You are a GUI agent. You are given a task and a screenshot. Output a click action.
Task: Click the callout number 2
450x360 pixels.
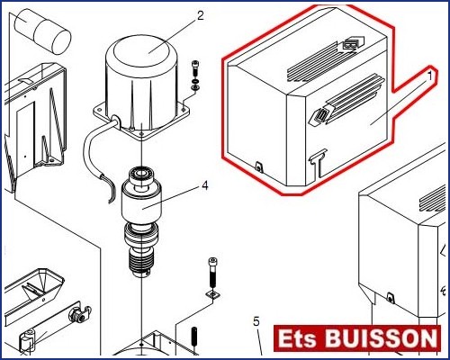tap(201, 15)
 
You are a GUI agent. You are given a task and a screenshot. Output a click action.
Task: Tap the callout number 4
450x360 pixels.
tap(205, 185)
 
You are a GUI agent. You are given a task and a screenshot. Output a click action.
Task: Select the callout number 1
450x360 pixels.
tap(430, 76)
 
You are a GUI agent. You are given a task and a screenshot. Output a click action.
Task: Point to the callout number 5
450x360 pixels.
tap(256, 321)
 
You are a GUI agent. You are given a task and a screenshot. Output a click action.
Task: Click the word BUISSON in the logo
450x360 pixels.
tap(382, 338)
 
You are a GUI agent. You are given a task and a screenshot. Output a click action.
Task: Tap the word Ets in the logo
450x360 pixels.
tap(297, 338)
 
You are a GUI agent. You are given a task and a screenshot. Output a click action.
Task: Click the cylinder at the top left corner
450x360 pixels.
tap(43, 31)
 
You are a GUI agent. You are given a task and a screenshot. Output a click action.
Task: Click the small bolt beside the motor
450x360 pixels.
tap(194, 68)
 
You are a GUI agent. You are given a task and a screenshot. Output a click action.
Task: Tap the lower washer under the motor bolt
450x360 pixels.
tap(195, 87)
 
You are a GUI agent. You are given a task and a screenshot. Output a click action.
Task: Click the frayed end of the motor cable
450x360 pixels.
tap(110, 188)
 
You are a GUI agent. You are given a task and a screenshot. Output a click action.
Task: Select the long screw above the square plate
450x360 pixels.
tap(212, 273)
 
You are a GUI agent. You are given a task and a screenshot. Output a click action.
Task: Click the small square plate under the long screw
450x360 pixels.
tap(212, 294)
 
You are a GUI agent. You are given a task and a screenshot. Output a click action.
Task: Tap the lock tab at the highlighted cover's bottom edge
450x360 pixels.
tap(258, 166)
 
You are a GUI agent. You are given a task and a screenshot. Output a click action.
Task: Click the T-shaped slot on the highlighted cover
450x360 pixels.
tap(317, 164)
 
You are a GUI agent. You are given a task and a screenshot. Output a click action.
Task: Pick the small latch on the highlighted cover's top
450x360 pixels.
tap(353, 43)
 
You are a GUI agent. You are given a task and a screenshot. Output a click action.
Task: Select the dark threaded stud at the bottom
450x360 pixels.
tap(194, 337)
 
